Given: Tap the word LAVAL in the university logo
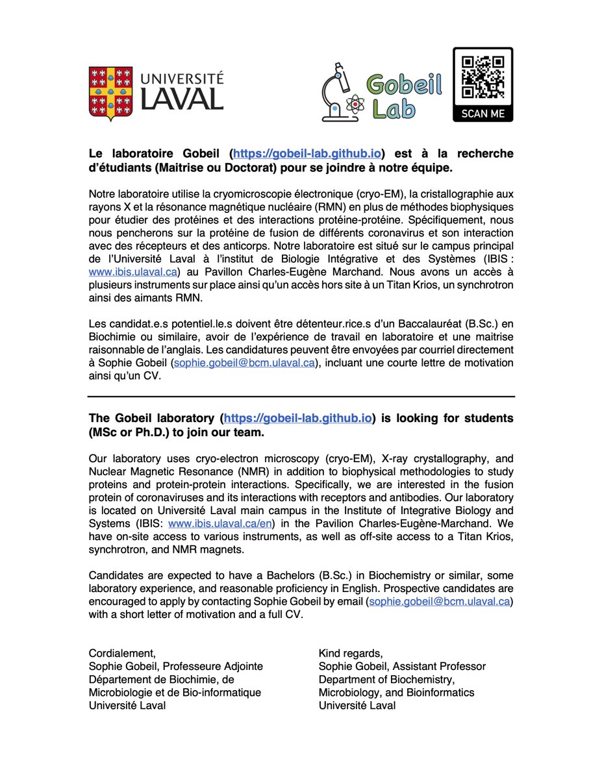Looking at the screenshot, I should coord(182,99).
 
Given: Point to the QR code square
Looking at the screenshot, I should coord(483,75).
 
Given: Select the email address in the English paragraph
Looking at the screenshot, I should coord(440,602).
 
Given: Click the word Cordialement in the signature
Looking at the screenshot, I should coord(121,653).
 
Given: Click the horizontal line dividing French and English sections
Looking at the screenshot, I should coord(301,396).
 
